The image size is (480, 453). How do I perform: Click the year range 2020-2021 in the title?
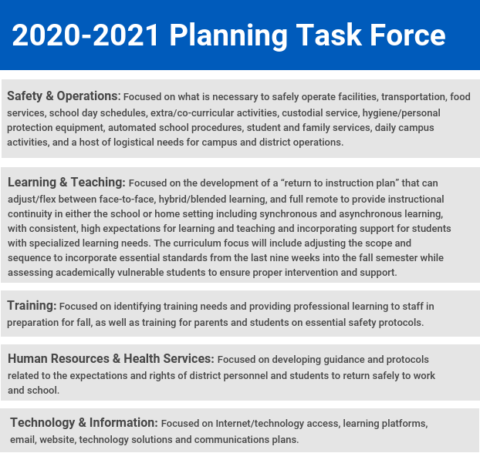coord(86,35)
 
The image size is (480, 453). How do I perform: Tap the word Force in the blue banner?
coord(407,35)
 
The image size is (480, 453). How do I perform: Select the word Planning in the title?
coord(228,36)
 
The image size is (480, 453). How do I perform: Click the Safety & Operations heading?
coord(64,96)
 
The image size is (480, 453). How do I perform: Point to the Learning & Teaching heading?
coord(66,183)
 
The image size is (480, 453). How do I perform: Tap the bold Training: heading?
coord(32,305)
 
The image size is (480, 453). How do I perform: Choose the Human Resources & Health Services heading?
coord(111,358)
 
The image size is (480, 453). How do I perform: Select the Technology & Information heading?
coord(84,423)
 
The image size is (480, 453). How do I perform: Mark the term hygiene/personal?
coord(401,113)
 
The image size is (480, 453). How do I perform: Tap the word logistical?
coord(134,143)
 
